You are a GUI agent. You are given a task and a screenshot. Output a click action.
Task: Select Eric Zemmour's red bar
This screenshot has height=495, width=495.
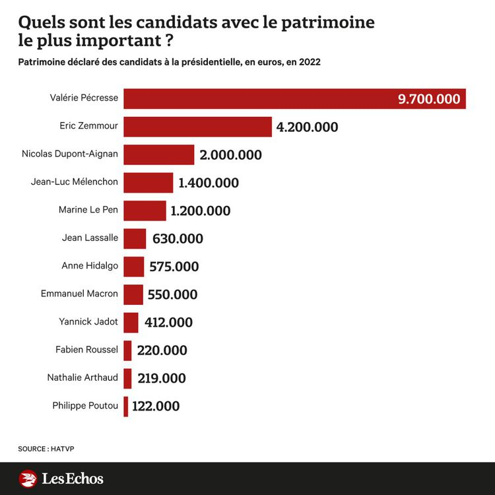click(197, 127)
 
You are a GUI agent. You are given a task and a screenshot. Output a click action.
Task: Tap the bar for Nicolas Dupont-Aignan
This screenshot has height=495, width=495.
click(158, 154)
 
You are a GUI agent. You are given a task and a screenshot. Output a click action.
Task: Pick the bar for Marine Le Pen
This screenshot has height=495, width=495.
click(145, 211)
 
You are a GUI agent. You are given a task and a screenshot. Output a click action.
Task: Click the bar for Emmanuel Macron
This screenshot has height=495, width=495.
click(133, 294)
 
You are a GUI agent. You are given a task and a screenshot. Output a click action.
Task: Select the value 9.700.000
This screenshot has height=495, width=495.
click(428, 99)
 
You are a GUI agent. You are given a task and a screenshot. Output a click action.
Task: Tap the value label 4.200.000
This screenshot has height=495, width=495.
click(307, 127)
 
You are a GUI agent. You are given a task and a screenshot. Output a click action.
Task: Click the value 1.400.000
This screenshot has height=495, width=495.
click(209, 183)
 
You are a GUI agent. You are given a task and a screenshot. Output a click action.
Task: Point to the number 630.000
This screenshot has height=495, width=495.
click(178, 239)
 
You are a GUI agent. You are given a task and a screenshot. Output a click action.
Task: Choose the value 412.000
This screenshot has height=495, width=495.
click(168, 322)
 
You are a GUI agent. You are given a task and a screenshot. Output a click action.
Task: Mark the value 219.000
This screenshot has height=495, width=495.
click(162, 378)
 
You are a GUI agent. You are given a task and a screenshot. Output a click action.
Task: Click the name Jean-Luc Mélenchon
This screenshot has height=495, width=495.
click(75, 182)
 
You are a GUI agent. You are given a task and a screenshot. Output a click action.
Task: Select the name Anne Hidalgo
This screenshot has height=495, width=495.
click(90, 265)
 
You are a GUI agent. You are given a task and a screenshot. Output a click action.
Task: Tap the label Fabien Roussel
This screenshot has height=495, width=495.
click(87, 349)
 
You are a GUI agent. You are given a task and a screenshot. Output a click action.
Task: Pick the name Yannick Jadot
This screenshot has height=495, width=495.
click(88, 321)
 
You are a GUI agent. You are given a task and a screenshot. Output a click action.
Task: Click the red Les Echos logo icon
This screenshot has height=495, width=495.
click(28, 478)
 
